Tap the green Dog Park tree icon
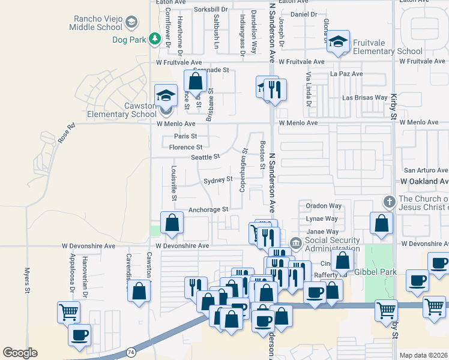pos(156,39)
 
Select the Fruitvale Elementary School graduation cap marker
pos(339,43)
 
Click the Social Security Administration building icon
pos(295,243)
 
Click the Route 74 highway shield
pos(131,351)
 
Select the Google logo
pos(20,353)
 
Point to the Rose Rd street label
pos(67,134)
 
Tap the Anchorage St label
pos(208,209)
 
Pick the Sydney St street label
pos(217,179)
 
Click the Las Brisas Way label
pos(364,97)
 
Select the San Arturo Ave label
pos(425,170)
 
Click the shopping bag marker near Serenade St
pos(194,80)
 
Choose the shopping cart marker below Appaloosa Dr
pos(68,312)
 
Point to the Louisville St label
pos(173,182)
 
